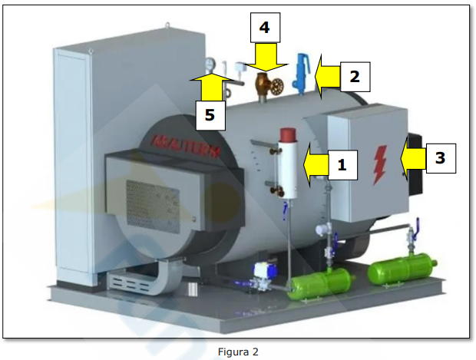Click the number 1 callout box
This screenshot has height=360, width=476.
click(342, 164)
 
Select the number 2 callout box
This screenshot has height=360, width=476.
click(355, 76)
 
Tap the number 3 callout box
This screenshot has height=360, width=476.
click(439, 158)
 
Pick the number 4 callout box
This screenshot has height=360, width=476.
click(264, 28)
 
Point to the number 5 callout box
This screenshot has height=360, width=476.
click(210, 116)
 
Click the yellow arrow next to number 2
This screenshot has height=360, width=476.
click(328, 76)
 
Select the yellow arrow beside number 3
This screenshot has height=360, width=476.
click(412, 158)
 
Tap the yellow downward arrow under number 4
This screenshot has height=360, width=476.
click(264, 58)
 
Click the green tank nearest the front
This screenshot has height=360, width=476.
click(316, 286)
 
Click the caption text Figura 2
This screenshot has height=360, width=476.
click(238, 352)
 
